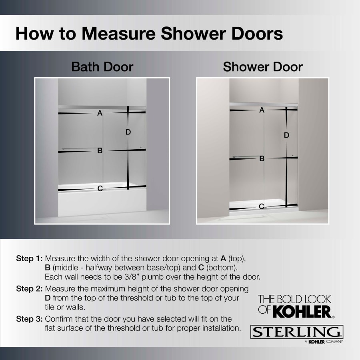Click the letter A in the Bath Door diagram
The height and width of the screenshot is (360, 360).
(100, 113)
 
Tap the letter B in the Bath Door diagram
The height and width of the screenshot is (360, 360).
(100, 151)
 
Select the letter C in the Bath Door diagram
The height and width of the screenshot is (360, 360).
(100, 188)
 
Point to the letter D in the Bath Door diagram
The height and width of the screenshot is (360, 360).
(128, 132)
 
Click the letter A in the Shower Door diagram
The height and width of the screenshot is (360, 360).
(262, 110)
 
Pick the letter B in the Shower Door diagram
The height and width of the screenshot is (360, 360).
(262, 158)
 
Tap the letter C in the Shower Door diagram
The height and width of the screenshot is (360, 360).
(261, 206)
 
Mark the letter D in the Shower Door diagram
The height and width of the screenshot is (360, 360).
(286, 136)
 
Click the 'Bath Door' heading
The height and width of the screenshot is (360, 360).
(102, 67)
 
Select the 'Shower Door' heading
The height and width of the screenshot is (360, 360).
(263, 67)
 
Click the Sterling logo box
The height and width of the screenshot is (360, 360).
(297, 332)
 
